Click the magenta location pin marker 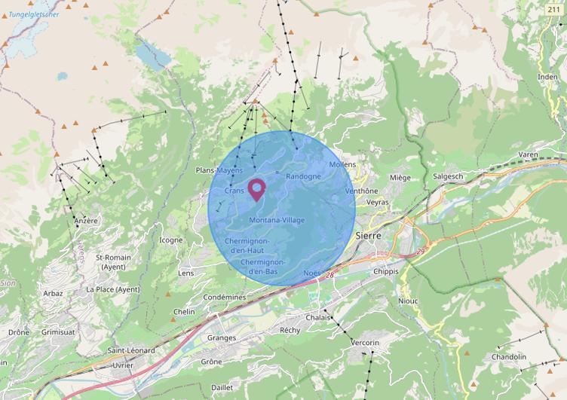point(256,188)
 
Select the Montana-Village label point(277,220)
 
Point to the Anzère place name point(87,221)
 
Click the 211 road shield point(554,9)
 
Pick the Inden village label point(548,77)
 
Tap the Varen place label point(528,154)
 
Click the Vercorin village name point(366,343)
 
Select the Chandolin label point(509,357)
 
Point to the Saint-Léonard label point(131,351)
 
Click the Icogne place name point(171,240)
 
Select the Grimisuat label point(60,331)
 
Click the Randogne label point(303,176)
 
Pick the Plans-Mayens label point(219,171)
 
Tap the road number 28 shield point(329,276)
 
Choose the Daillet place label point(222,387)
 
